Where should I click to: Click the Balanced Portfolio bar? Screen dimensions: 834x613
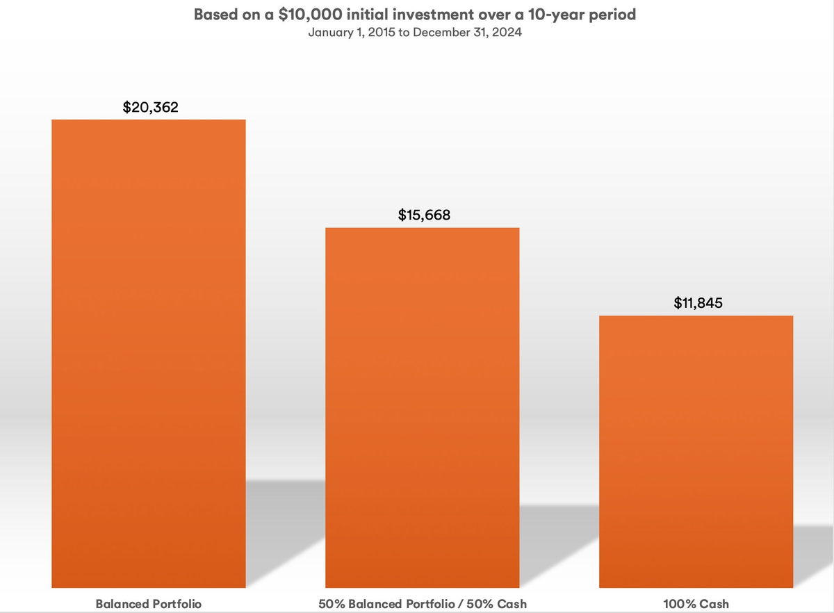click(149, 354)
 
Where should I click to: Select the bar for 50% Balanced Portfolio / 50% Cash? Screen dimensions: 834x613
click(423, 408)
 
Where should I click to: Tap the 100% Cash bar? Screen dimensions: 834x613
click(696, 452)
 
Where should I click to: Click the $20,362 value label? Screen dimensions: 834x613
click(150, 107)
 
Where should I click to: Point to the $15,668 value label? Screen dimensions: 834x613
click(424, 215)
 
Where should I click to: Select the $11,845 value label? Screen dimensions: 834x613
click(698, 303)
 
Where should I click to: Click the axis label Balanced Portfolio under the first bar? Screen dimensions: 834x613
click(149, 604)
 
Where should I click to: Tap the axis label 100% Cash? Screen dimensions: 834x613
click(696, 604)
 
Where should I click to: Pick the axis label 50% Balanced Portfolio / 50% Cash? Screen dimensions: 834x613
click(423, 604)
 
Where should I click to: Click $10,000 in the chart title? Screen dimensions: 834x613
click(310, 15)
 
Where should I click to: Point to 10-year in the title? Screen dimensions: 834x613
click(555, 15)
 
